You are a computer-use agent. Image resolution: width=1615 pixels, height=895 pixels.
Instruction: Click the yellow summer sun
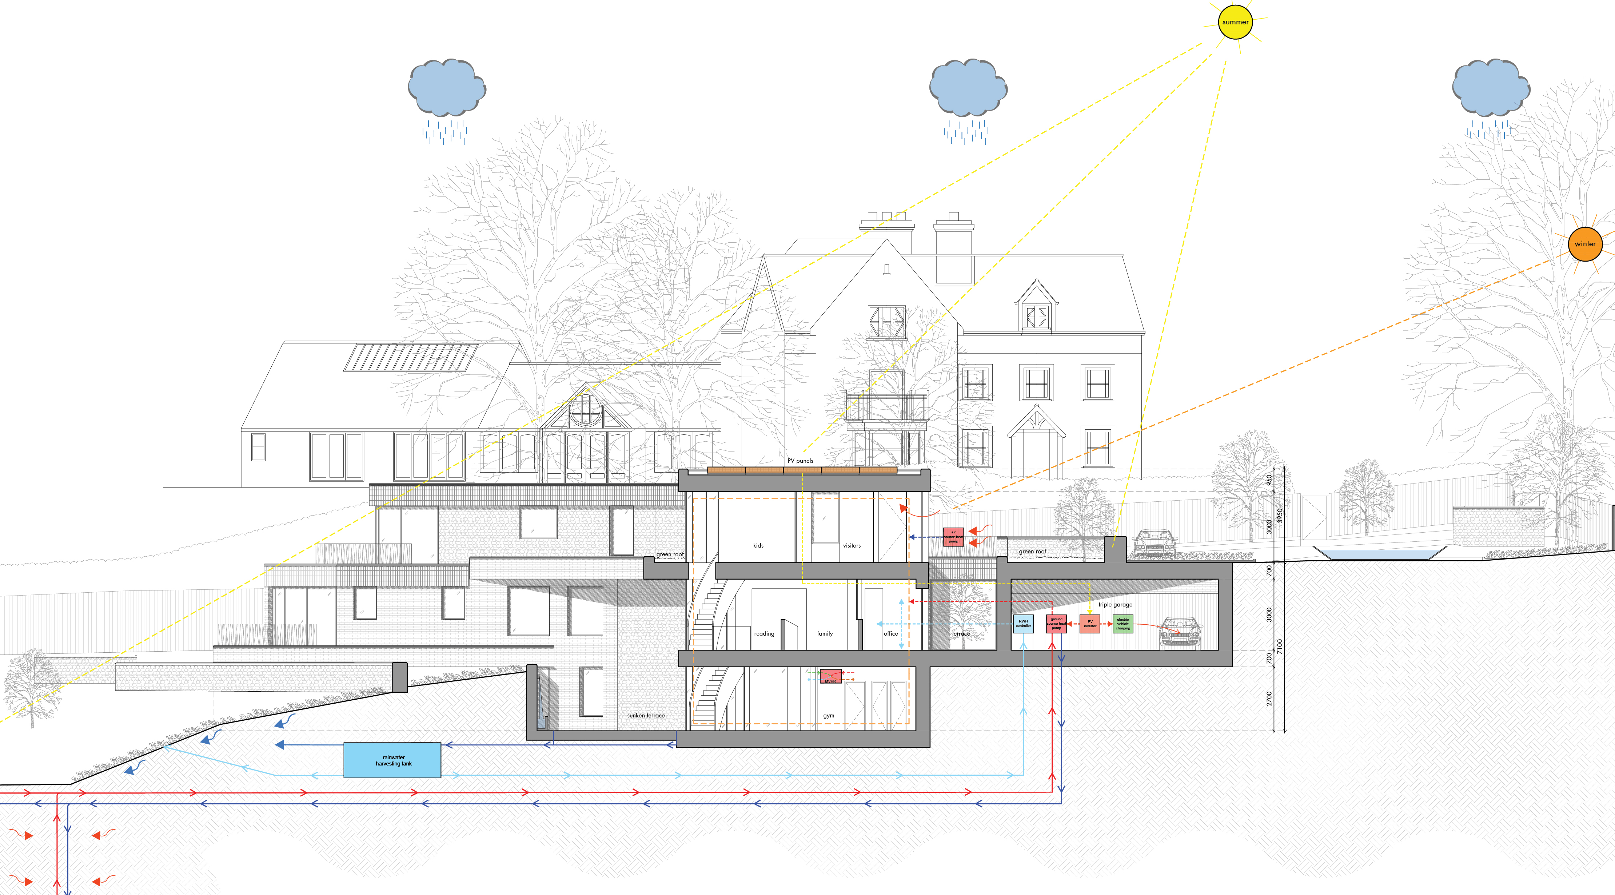point(1235,22)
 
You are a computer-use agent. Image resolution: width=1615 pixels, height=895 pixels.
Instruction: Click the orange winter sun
point(1585,244)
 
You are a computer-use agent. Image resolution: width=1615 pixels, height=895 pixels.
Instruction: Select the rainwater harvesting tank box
point(392,760)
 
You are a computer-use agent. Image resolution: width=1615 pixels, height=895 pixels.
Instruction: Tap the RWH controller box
point(1023,624)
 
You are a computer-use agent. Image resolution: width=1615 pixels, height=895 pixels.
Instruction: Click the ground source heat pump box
point(1056,624)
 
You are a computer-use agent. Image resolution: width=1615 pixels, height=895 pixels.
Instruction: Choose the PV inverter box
point(1090,624)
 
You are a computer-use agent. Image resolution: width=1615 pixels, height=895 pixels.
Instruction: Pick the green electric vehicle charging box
point(1123,624)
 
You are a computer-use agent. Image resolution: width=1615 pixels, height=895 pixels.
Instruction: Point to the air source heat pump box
point(953,537)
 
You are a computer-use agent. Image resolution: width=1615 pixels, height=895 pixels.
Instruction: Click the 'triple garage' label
point(1115,605)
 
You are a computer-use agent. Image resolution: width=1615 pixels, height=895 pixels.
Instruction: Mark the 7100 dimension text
point(1279,647)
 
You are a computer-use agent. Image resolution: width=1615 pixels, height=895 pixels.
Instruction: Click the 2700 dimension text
point(1269,698)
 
